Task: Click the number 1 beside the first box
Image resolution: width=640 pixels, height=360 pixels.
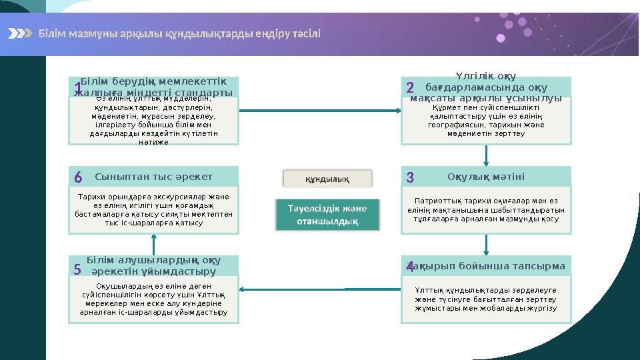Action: (78, 89)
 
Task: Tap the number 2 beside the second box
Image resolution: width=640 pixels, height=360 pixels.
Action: (410, 87)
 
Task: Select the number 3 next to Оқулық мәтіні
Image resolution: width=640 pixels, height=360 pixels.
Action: (410, 177)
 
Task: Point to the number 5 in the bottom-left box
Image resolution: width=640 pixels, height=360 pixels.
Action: (77, 269)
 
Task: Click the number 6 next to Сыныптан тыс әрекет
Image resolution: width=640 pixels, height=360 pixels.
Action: (78, 177)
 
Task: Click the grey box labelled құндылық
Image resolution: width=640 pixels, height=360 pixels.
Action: (327, 179)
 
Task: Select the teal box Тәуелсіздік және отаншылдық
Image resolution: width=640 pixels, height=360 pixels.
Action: (327, 215)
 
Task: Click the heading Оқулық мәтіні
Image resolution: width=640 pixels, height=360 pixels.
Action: (486, 177)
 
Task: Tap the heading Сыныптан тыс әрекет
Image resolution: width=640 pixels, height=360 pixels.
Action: (154, 177)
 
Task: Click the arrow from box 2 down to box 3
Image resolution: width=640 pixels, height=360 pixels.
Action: (486, 155)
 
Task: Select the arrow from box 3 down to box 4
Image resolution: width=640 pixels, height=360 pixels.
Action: (486, 244)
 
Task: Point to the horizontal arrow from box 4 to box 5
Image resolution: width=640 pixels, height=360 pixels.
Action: (320, 289)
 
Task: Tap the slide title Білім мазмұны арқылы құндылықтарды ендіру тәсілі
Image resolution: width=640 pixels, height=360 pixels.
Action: (179, 33)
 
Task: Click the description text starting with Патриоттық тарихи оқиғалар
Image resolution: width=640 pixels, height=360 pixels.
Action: (486, 209)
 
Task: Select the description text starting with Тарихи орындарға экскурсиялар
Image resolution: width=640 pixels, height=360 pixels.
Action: (154, 209)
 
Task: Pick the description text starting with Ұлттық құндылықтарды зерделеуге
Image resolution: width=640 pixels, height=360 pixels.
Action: (486, 299)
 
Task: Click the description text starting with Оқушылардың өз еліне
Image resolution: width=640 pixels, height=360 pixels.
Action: (154, 299)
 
